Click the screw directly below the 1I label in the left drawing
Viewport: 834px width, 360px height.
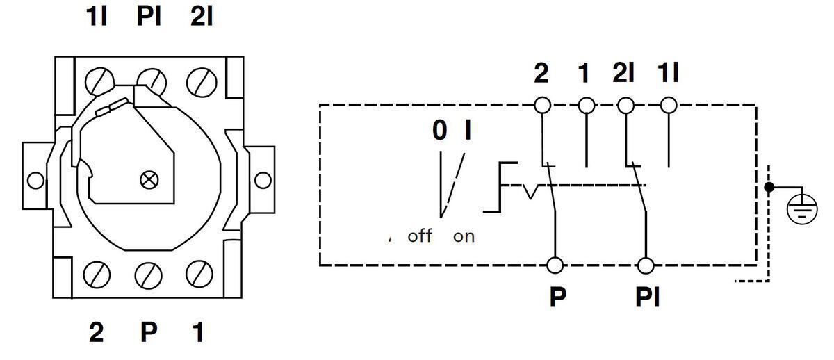click(x=99, y=81)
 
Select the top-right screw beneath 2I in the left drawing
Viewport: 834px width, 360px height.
click(x=202, y=82)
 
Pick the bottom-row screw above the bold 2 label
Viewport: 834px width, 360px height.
click(x=97, y=275)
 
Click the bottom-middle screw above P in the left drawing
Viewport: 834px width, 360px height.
click(x=148, y=275)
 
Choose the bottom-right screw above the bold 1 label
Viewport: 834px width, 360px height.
click(x=199, y=275)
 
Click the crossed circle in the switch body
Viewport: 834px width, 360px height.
click(x=149, y=180)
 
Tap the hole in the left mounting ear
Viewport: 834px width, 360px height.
click(x=35, y=181)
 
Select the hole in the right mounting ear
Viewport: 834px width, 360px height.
click(x=263, y=180)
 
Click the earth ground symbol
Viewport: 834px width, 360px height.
click(x=802, y=209)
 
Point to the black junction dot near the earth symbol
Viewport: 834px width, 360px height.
click(x=769, y=187)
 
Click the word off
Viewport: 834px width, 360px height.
click(x=420, y=236)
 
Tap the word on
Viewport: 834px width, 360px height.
click(x=464, y=237)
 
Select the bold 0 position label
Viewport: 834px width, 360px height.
click(x=440, y=130)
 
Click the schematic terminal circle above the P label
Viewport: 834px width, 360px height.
click(x=555, y=265)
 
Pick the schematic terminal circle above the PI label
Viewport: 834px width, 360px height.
click(x=646, y=265)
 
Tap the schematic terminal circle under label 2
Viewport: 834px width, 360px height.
click(x=543, y=106)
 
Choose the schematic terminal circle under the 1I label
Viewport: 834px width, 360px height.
click(x=669, y=106)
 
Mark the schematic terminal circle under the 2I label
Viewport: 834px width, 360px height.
click(x=625, y=106)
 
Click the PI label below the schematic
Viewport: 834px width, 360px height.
click(x=648, y=297)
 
